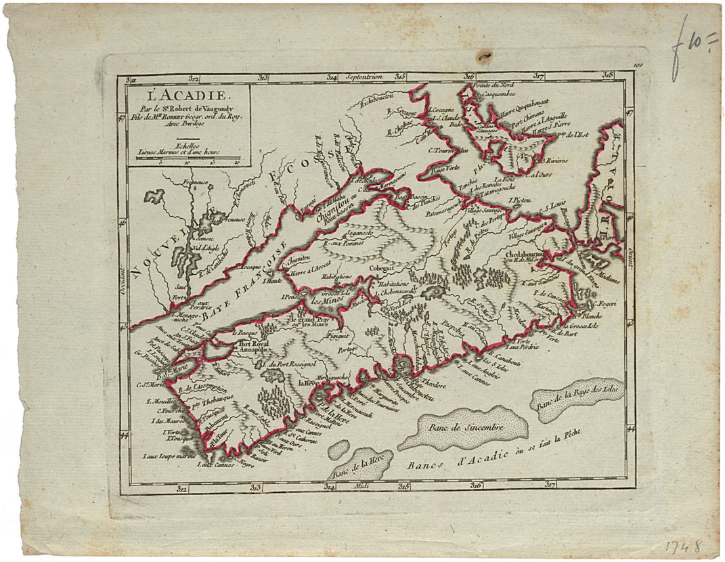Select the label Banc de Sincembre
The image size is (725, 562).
464,428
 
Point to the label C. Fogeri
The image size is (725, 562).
598,305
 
